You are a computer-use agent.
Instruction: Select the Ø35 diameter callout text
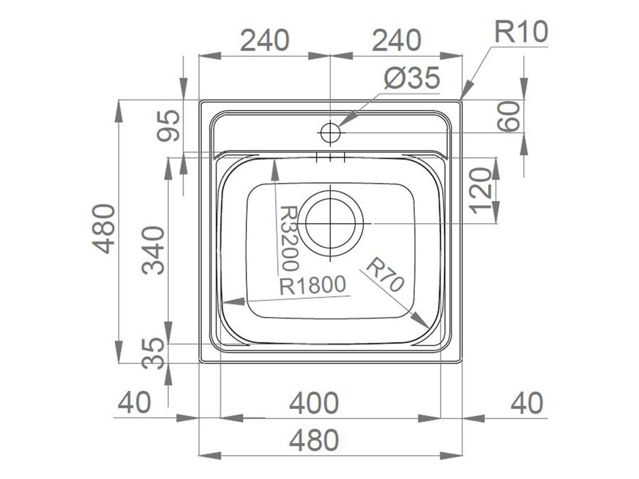[412, 79]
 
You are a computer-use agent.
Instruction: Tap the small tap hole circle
[329, 133]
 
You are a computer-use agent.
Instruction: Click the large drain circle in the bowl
[333, 223]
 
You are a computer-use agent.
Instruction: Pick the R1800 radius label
[313, 286]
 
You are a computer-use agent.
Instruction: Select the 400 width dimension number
[314, 403]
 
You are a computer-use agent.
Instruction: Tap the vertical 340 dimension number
[154, 250]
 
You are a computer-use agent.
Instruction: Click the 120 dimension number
[482, 190]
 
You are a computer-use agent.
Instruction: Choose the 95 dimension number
[168, 125]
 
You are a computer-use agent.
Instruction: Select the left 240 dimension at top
[265, 41]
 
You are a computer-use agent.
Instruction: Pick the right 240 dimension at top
[396, 41]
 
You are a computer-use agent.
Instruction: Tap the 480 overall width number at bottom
[314, 441]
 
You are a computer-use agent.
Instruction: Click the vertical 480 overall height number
[105, 228]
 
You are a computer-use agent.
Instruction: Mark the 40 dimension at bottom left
[134, 403]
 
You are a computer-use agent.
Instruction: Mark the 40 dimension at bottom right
[527, 403]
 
